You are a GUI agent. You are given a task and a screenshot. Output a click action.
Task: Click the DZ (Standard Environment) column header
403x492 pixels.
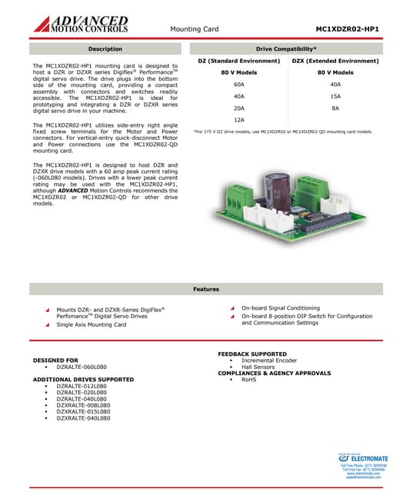click(x=238, y=60)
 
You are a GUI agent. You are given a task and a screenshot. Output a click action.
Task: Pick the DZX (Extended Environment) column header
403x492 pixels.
click(x=335, y=60)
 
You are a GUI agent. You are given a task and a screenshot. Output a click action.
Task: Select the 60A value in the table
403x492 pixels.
click(x=238, y=85)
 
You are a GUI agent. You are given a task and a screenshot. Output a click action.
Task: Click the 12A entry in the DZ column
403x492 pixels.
click(x=238, y=120)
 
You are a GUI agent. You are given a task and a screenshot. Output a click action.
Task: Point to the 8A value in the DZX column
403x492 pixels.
click(x=335, y=108)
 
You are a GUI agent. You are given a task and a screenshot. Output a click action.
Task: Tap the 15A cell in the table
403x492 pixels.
click(x=335, y=97)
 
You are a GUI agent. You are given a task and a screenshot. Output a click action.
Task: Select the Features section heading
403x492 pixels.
click(x=206, y=289)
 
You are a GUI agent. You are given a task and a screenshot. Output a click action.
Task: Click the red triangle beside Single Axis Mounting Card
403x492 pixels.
click(x=47, y=325)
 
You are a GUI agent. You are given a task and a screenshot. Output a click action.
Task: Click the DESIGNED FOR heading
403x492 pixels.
click(x=55, y=360)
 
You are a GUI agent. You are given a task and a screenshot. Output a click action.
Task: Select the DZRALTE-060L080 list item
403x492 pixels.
click(x=82, y=367)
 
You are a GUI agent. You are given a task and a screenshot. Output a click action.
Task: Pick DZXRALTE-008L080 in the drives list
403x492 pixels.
click(x=83, y=404)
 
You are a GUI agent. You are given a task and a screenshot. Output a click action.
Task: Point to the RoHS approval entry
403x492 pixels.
click(x=248, y=380)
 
